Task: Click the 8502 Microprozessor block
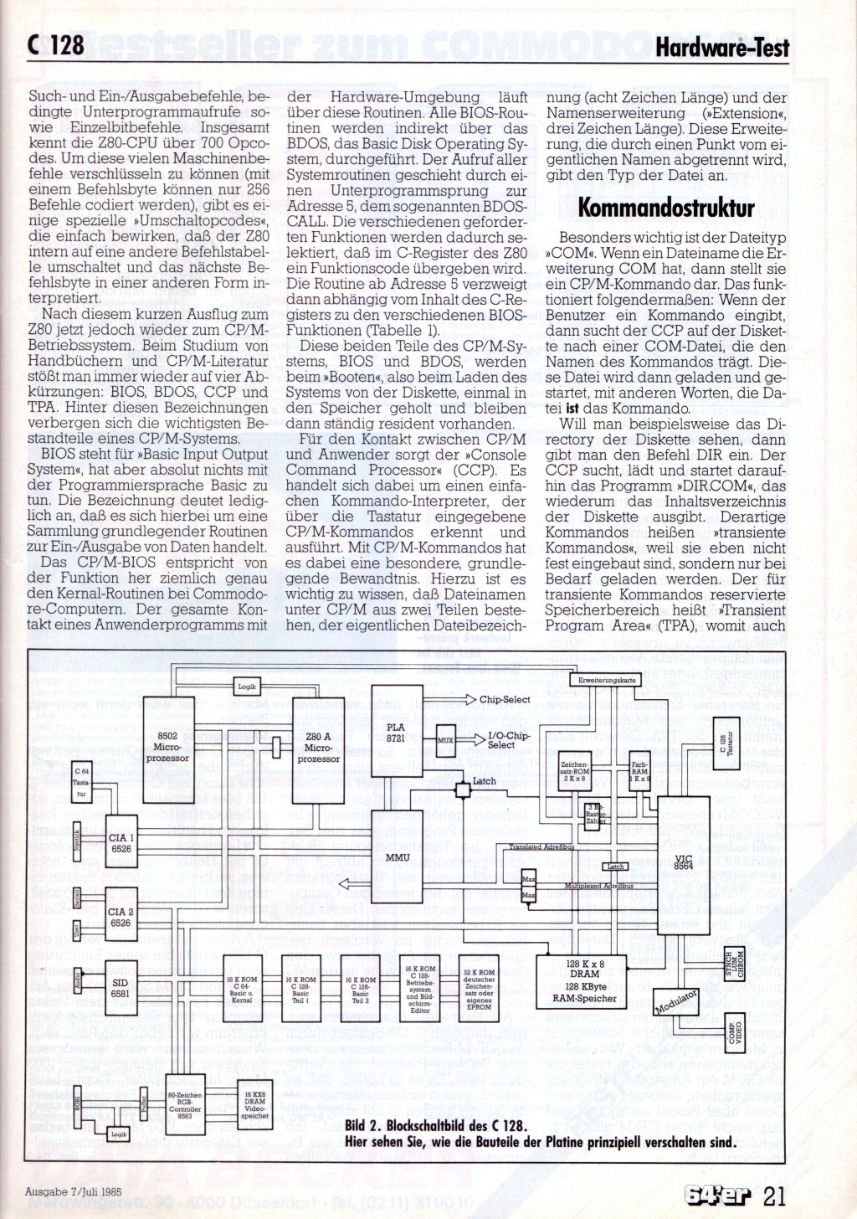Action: (x=167, y=748)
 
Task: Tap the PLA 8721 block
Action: (x=396, y=733)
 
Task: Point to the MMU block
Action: (x=397, y=856)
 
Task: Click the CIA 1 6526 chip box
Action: (x=121, y=843)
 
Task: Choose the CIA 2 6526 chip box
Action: (x=121, y=918)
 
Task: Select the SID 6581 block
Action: (x=121, y=989)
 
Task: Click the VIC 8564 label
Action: (x=684, y=862)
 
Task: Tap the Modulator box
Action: (x=676, y=1001)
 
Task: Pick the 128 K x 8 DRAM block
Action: (x=584, y=980)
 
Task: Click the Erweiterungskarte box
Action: (x=607, y=680)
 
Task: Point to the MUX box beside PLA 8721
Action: (x=445, y=740)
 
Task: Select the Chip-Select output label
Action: (x=505, y=699)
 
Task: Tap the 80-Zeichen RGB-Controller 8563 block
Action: (x=185, y=1105)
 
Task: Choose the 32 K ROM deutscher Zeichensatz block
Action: (x=479, y=990)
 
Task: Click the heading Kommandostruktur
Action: (x=666, y=208)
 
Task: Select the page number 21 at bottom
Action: (x=774, y=1195)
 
